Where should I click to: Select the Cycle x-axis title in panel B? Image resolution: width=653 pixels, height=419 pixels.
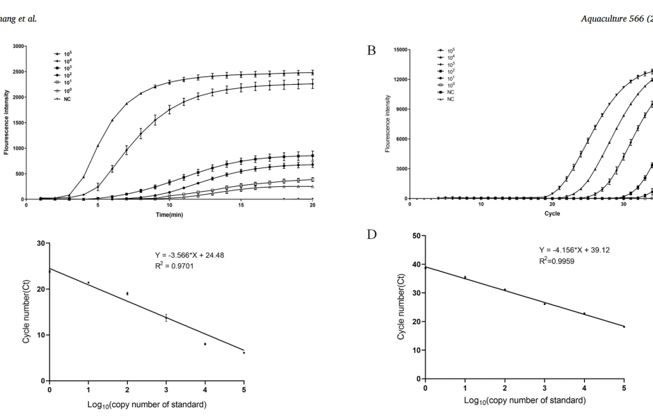click(552, 214)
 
